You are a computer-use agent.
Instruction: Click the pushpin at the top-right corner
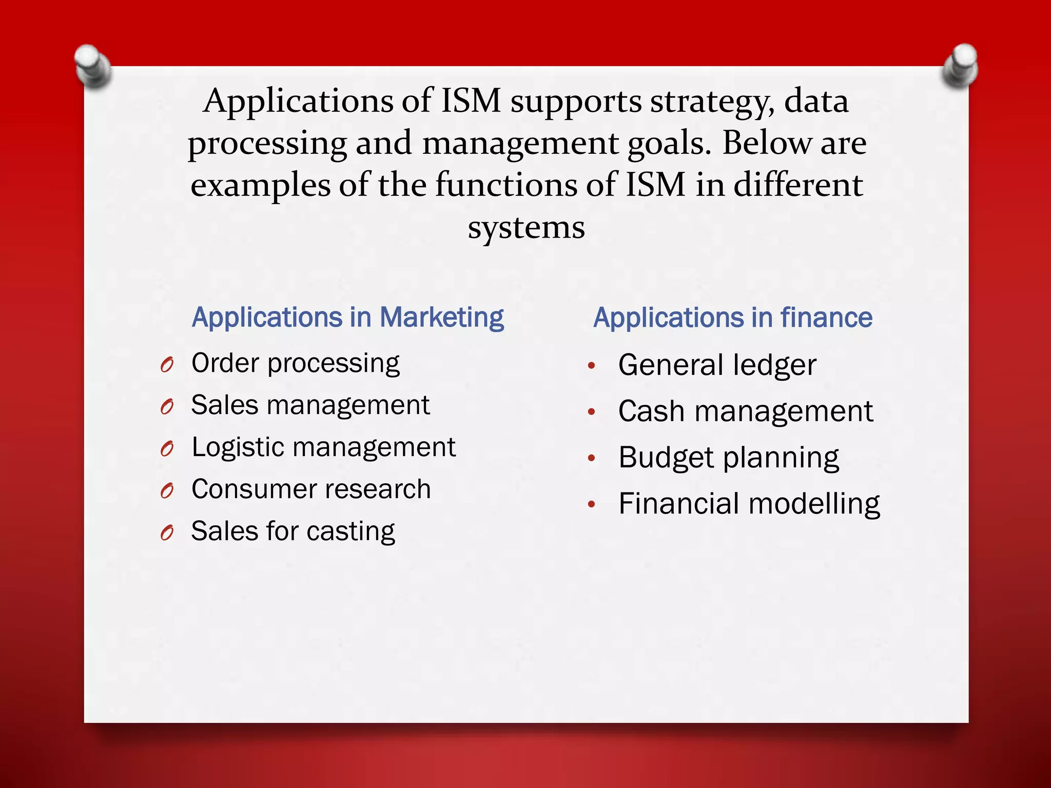click(x=960, y=66)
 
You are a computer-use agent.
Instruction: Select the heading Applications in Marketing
click(x=347, y=318)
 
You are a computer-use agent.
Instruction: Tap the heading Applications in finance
click(x=733, y=318)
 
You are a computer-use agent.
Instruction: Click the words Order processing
click(x=295, y=364)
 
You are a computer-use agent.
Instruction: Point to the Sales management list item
click(x=310, y=405)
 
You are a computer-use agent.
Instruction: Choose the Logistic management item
click(x=323, y=447)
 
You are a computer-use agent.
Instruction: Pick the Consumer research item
click(x=311, y=489)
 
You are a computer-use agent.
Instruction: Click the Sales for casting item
click(x=293, y=531)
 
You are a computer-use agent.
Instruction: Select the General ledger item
click(x=717, y=365)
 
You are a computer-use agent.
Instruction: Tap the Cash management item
click(x=745, y=411)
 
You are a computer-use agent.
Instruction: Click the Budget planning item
click(x=728, y=458)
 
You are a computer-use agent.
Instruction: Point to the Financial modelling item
click(x=749, y=504)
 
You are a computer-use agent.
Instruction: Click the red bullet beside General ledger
click(x=592, y=366)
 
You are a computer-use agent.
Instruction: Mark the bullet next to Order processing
click(x=167, y=365)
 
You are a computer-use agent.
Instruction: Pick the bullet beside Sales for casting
click(x=167, y=533)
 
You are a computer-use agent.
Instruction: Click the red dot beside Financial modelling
click(x=592, y=504)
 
